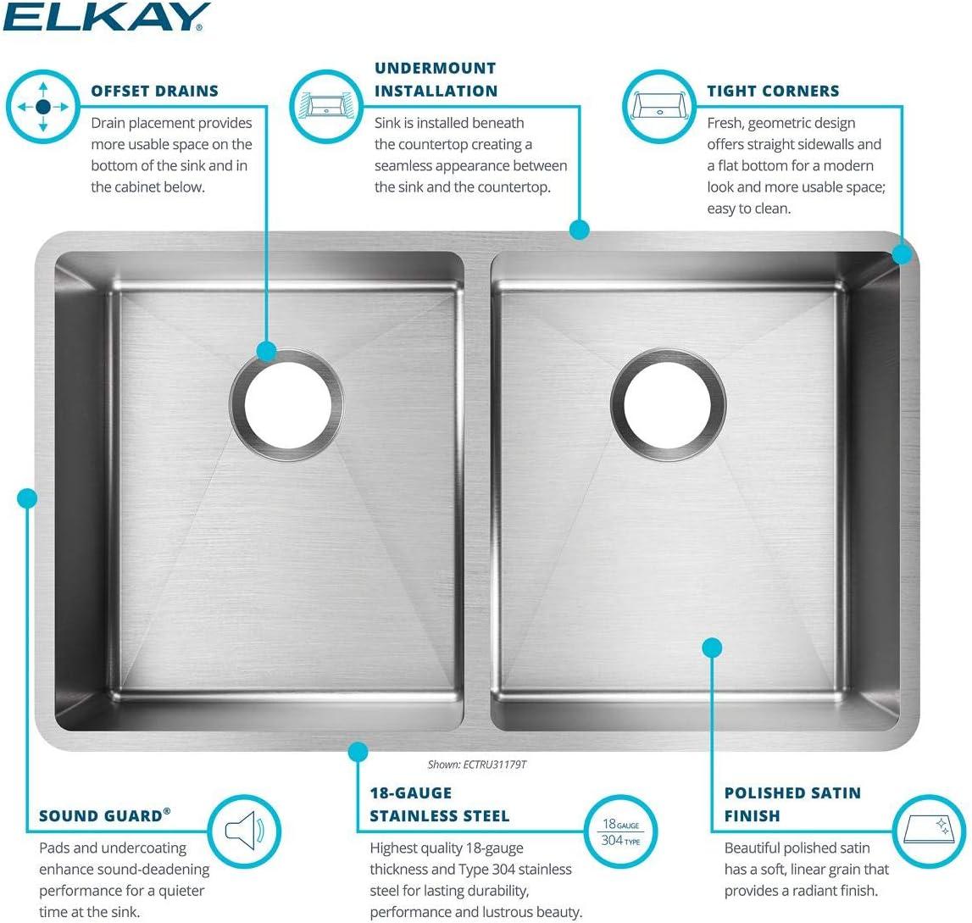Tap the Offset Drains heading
pyautogui.click(x=154, y=91)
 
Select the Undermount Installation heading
pyautogui.click(x=436, y=79)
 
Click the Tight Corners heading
pyautogui.click(x=773, y=91)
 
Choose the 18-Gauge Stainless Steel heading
pyautogui.click(x=439, y=804)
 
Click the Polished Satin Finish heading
pyautogui.click(x=791, y=804)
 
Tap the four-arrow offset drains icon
pyautogui.click(x=42, y=107)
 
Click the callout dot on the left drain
pyautogui.click(x=267, y=350)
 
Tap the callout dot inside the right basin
pyautogui.click(x=712, y=648)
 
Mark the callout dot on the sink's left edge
pyautogui.click(x=27, y=498)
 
